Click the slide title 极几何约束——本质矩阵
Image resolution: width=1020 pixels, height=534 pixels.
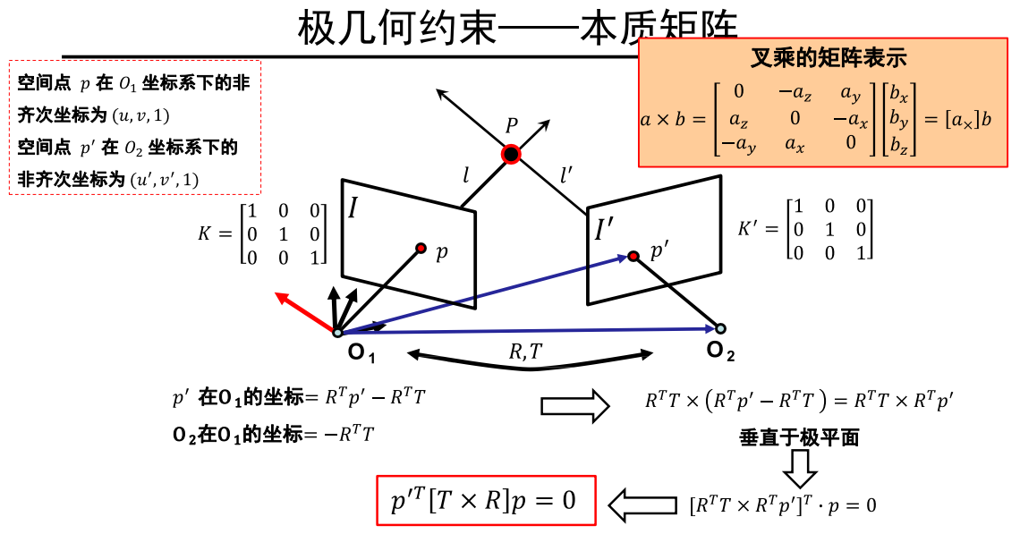pyautogui.click(x=519, y=29)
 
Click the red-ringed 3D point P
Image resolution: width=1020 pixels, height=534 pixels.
pyautogui.click(x=511, y=155)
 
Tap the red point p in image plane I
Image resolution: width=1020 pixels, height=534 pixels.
pyautogui.click(x=421, y=248)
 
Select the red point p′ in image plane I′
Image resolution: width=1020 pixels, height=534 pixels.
pyautogui.click(x=633, y=257)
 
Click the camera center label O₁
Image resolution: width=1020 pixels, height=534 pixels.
pyautogui.click(x=361, y=354)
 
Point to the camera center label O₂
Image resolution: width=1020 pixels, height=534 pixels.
pyautogui.click(x=720, y=351)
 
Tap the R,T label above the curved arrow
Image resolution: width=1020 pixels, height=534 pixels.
pyautogui.click(x=525, y=352)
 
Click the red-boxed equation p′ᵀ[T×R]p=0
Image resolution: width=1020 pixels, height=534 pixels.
pyautogui.click(x=485, y=501)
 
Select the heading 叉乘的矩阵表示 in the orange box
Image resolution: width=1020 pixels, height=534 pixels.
pyautogui.click(x=828, y=59)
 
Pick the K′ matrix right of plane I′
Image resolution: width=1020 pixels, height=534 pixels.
pyautogui.click(x=805, y=229)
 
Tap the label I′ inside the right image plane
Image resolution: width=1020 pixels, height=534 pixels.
pyautogui.click(x=604, y=230)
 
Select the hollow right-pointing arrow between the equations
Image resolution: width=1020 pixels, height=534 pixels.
pyautogui.click(x=574, y=406)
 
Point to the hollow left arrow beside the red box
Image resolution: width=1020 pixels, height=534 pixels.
pyautogui.click(x=642, y=504)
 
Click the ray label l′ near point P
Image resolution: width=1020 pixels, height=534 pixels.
pyautogui.click(x=566, y=175)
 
